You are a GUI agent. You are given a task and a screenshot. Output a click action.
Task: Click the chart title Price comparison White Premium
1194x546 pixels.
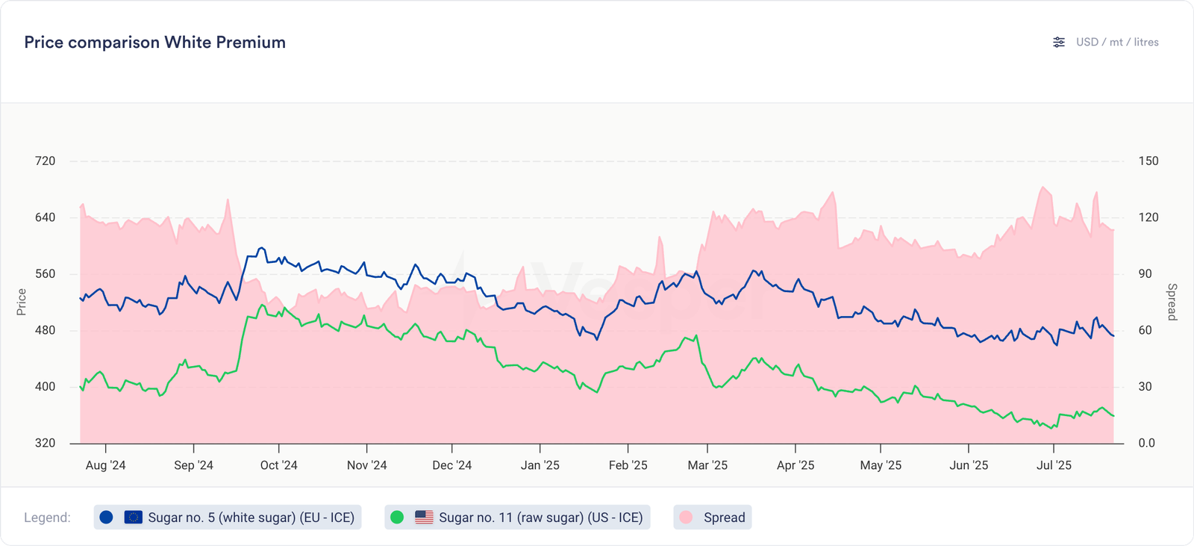[154, 43]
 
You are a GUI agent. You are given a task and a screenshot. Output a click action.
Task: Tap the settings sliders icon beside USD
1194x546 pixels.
[1059, 43]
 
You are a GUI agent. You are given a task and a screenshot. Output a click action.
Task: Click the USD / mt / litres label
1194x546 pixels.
[1117, 43]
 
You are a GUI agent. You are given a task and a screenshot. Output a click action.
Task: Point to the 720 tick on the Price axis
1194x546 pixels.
[45, 161]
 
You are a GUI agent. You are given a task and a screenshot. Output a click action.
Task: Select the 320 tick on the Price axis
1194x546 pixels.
[45, 443]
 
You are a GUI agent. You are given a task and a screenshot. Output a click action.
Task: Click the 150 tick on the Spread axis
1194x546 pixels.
[1148, 161]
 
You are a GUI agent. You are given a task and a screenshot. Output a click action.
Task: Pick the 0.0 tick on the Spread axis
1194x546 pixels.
[1147, 443]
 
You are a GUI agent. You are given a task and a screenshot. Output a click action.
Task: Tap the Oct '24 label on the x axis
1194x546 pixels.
[278, 465]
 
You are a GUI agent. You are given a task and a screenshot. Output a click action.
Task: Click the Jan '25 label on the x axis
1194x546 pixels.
[540, 465]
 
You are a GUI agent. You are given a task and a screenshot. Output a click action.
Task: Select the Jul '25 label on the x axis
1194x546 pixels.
[1054, 465]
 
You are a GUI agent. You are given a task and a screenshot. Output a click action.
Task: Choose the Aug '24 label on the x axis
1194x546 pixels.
[105, 465]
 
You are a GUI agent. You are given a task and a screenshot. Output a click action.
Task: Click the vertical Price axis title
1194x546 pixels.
[22, 302]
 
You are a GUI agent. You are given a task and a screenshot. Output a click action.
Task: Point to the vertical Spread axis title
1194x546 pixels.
[1172, 302]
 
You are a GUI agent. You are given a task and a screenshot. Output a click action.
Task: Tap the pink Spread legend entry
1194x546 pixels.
[713, 518]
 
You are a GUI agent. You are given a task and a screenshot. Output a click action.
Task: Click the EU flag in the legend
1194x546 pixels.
[134, 517]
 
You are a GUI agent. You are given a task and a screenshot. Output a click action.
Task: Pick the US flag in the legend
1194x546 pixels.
[424, 517]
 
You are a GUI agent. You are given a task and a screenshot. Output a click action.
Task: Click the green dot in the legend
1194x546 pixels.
[397, 517]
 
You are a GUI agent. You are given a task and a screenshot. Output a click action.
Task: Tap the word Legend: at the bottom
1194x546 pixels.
[47, 518]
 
